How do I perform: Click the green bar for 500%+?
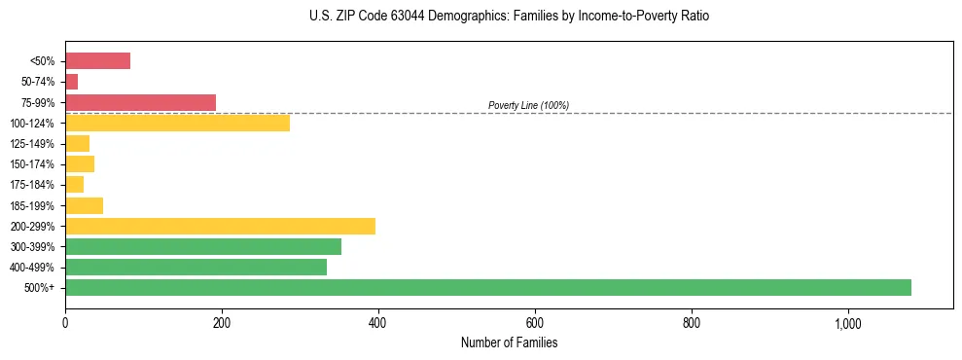(x=487, y=287)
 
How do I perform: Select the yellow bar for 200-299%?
(x=220, y=226)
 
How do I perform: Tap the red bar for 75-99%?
(x=140, y=102)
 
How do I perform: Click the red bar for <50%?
(x=97, y=61)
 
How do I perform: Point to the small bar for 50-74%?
(x=71, y=82)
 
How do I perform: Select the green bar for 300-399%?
(x=203, y=246)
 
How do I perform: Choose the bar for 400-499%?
(x=196, y=267)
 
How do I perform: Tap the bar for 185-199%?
(x=84, y=205)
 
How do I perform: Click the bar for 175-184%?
(x=74, y=184)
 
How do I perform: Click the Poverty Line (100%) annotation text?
(x=528, y=105)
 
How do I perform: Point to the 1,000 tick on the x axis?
(x=847, y=322)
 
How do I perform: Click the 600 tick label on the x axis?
(x=534, y=322)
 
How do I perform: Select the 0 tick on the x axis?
(x=65, y=322)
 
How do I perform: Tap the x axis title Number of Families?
(x=509, y=342)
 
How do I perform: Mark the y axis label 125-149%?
(x=32, y=144)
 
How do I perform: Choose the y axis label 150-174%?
(x=32, y=164)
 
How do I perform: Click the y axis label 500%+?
(x=40, y=288)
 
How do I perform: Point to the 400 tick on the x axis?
(x=377, y=322)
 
